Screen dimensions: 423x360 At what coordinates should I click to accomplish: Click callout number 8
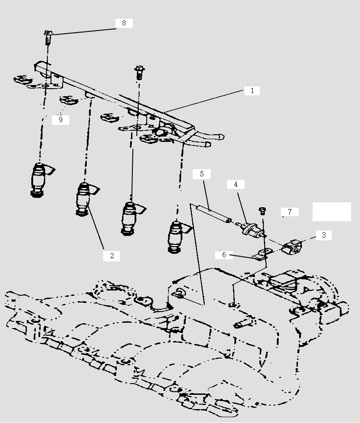124,23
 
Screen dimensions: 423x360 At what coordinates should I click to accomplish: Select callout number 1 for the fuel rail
252,90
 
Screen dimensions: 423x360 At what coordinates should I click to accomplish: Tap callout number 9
60,120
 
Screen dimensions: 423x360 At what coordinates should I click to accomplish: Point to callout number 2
112,256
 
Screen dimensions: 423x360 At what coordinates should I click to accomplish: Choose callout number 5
202,174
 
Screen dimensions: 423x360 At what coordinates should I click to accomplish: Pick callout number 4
236,184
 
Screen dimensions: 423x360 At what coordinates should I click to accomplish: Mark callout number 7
290,212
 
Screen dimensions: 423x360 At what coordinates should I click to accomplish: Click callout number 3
323,235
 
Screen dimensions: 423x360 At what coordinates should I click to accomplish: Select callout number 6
224,255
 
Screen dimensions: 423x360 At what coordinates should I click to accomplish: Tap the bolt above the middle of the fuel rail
139,72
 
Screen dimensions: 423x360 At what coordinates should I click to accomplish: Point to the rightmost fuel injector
176,236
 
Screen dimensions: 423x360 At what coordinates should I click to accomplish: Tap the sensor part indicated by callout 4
248,229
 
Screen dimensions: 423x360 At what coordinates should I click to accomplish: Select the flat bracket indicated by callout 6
260,256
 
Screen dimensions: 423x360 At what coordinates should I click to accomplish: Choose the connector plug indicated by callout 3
292,246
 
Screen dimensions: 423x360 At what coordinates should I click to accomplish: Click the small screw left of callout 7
263,210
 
